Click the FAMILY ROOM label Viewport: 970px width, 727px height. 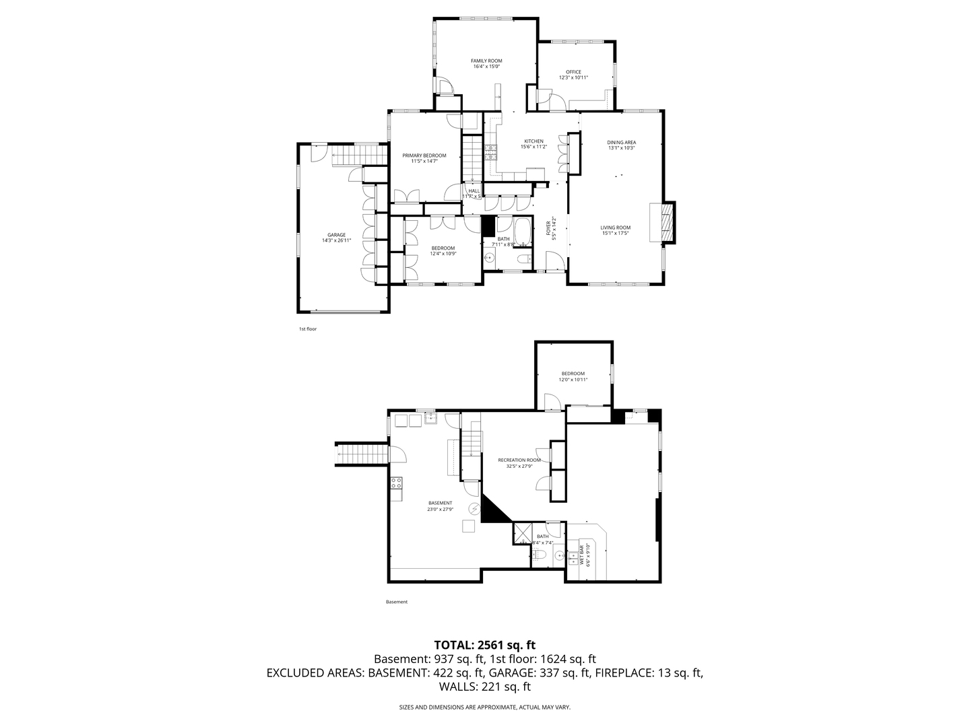coord(486,61)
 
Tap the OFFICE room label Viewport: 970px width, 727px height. coord(573,72)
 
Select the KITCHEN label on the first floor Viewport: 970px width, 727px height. coord(533,141)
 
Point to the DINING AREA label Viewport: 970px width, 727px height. coord(621,142)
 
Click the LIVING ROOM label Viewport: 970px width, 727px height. coord(615,228)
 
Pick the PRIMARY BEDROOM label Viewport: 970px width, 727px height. coord(424,155)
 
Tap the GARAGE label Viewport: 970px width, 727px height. coord(337,235)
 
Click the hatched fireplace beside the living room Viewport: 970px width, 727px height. coord(667,221)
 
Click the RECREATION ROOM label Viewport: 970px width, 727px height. coord(519,460)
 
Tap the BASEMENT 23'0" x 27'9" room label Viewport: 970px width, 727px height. coord(440,503)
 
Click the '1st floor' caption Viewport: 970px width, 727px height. coord(308,329)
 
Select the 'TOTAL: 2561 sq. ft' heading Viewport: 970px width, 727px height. coord(485,644)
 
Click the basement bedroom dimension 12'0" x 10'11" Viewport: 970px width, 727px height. coord(573,380)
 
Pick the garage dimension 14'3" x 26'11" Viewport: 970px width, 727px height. coord(337,240)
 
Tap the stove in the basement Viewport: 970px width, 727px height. coord(396,483)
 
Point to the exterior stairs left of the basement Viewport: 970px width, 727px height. coord(362,454)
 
